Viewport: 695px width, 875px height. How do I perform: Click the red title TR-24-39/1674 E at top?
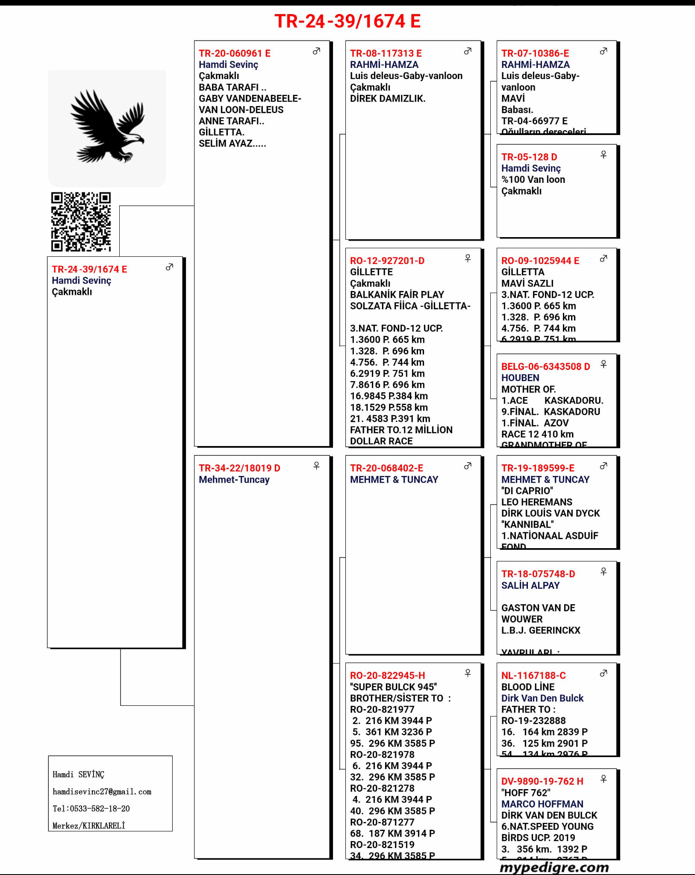[x=347, y=21]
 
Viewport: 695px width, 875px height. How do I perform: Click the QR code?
[x=81, y=221]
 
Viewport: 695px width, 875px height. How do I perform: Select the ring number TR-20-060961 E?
[x=234, y=53]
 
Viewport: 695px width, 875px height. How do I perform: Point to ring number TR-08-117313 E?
[x=386, y=53]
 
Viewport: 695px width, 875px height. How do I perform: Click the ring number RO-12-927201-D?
[x=387, y=261]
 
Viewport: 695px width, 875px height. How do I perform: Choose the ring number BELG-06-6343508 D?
[x=545, y=367]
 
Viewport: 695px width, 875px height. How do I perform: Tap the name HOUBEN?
[x=520, y=378]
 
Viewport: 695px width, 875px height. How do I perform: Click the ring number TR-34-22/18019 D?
[x=239, y=468]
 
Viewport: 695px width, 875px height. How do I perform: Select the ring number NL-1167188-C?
[x=533, y=675]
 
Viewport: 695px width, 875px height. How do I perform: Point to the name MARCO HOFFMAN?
[x=542, y=804]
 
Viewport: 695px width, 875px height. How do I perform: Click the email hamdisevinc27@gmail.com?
[x=102, y=792]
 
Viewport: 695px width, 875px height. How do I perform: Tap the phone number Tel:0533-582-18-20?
[x=91, y=808]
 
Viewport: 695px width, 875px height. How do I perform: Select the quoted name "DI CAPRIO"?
[x=527, y=490]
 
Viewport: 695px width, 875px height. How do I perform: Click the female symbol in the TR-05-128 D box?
[x=603, y=155]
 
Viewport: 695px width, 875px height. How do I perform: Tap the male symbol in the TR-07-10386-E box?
[x=603, y=51]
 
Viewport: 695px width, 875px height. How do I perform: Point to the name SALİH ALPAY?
[x=530, y=585]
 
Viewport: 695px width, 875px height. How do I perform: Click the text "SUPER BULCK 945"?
[x=393, y=687]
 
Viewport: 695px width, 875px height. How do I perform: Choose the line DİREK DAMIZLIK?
[x=387, y=98]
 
